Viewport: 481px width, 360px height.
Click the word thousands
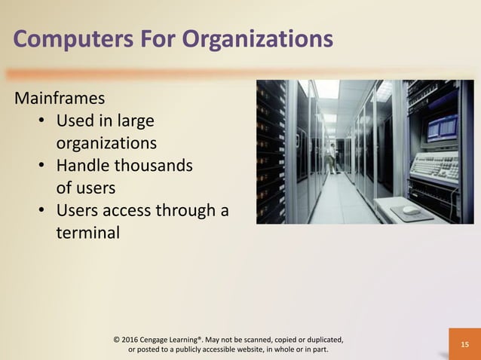coord(152,166)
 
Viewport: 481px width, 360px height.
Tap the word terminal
coord(87,233)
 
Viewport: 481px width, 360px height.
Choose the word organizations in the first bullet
coord(106,143)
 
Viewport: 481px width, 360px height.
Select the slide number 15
coord(464,344)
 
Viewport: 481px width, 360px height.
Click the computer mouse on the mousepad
coord(410,210)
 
